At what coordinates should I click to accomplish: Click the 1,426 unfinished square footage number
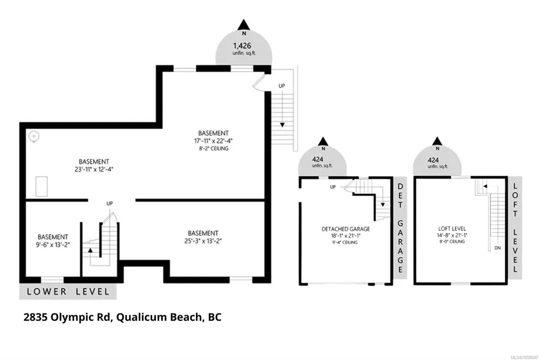pos(242,45)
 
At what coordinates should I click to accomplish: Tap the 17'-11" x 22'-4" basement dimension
pos(213,141)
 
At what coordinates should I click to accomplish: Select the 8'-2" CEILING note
pos(213,149)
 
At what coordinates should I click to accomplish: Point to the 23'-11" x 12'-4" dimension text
pos(94,169)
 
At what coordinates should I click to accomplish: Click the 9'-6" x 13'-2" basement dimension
pos(53,245)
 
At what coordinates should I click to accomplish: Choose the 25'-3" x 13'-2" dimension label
pos(203,241)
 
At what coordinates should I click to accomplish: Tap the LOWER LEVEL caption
pos(68,291)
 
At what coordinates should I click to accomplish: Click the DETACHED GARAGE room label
pos(346,229)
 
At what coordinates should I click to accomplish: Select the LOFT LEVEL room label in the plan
pos(452,228)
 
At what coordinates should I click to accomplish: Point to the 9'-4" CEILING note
pos(345,242)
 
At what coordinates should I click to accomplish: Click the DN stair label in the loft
pos(498,248)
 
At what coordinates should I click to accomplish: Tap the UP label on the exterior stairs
pos(282,86)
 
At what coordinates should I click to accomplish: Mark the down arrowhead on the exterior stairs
pos(282,125)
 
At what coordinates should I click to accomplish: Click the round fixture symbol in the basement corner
pos(34,137)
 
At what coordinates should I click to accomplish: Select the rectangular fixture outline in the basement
pos(42,187)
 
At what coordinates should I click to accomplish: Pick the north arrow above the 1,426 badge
pos(244,25)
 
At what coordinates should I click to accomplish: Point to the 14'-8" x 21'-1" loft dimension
pos(452,235)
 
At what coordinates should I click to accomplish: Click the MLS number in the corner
pos(524,357)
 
